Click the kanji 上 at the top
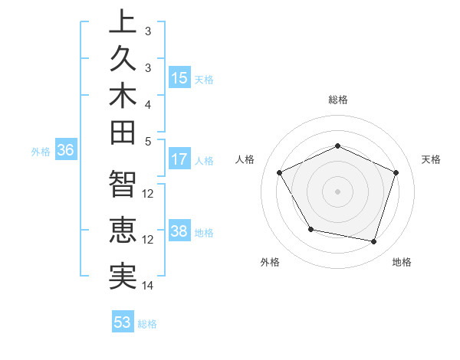123,23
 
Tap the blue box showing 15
179,77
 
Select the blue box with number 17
179,159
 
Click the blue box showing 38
179,231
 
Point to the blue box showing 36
66,151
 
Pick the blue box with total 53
123,322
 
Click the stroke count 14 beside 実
148,286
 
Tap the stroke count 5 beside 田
148,141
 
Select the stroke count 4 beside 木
148,103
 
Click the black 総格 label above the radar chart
338,100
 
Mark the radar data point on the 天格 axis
396,172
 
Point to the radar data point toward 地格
373,241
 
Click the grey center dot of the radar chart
337,191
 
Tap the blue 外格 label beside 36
41,152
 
